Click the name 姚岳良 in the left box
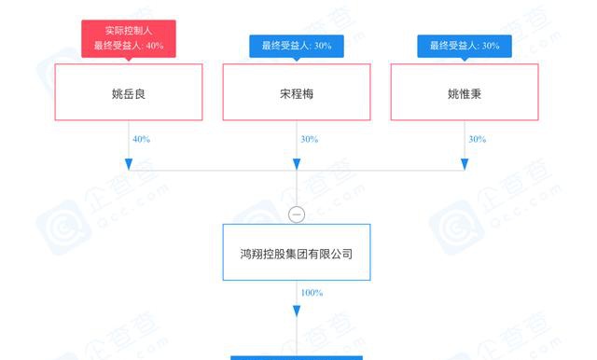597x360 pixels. click(x=129, y=93)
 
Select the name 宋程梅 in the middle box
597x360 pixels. click(x=297, y=93)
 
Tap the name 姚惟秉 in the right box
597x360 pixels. click(x=465, y=93)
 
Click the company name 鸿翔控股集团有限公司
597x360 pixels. click(x=297, y=254)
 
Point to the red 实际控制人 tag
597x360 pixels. click(x=129, y=39)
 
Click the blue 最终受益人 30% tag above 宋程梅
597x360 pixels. click(x=297, y=46)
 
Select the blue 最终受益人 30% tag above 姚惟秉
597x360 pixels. click(x=465, y=46)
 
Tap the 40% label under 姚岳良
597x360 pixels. click(x=141, y=139)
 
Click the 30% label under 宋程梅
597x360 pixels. click(x=309, y=139)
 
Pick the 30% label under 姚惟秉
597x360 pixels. click(x=477, y=139)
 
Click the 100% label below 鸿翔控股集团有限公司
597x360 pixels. click(x=312, y=293)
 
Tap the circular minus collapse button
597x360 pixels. click(x=297, y=215)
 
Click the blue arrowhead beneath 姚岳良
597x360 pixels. click(x=129, y=164)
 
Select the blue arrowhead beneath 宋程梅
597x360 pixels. click(x=297, y=164)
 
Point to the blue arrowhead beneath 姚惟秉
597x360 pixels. click(x=465, y=164)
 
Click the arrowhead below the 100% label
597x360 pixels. click(x=297, y=311)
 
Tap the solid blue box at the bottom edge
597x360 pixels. click(x=297, y=358)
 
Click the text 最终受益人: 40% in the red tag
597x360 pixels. click(x=129, y=46)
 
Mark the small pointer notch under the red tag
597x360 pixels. click(x=129, y=60)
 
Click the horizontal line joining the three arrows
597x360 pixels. click(x=297, y=171)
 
